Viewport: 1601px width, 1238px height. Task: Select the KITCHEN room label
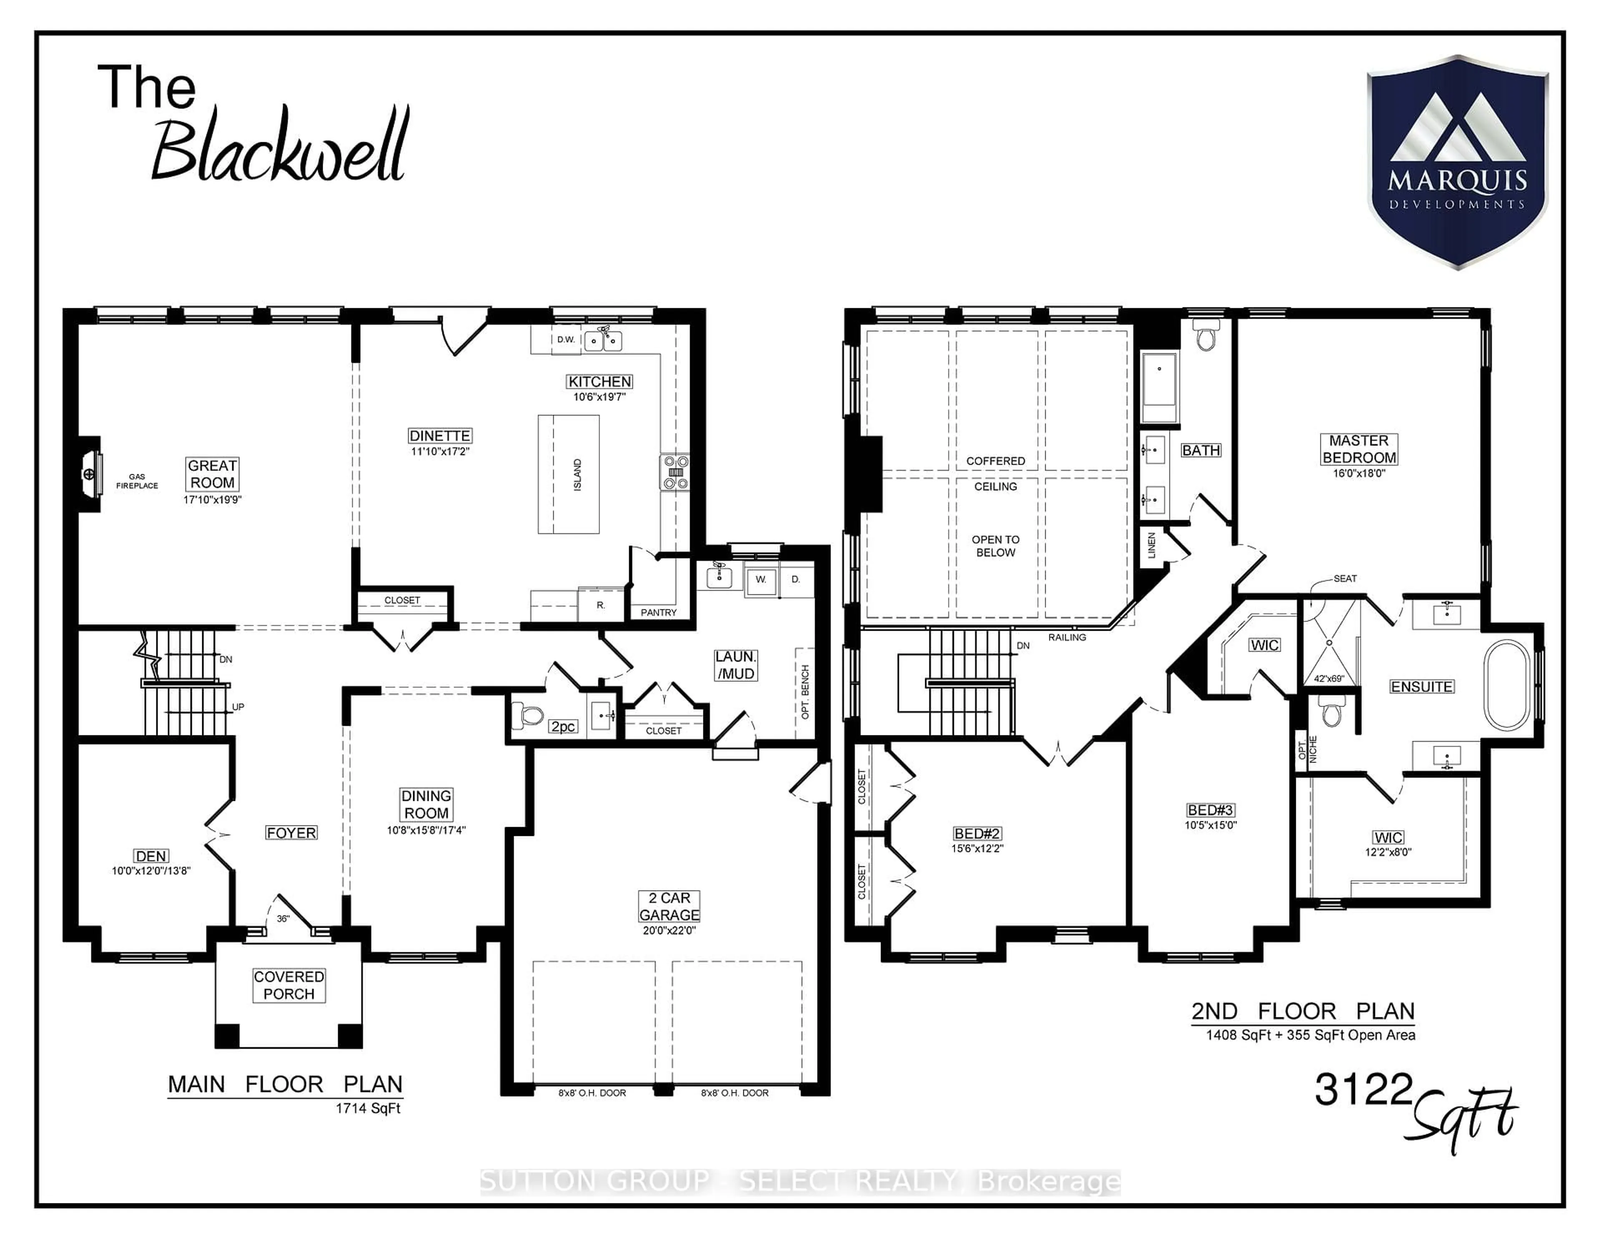(x=599, y=381)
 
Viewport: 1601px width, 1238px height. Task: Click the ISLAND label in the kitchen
(x=577, y=475)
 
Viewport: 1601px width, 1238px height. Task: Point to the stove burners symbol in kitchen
(x=675, y=472)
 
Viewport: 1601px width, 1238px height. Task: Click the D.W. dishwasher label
(x=566, y=340)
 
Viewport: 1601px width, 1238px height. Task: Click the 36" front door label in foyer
(x=283, y=918)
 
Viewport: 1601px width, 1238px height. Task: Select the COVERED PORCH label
(x=289, y=985)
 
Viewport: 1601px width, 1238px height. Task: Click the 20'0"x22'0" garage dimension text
(x=669, y=931)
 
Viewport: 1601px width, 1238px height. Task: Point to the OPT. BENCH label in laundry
(x=805, y=692)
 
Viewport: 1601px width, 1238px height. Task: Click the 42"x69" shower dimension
(x=1329, y=678)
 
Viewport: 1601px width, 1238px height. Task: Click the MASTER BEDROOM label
(x=1358, y=449)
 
